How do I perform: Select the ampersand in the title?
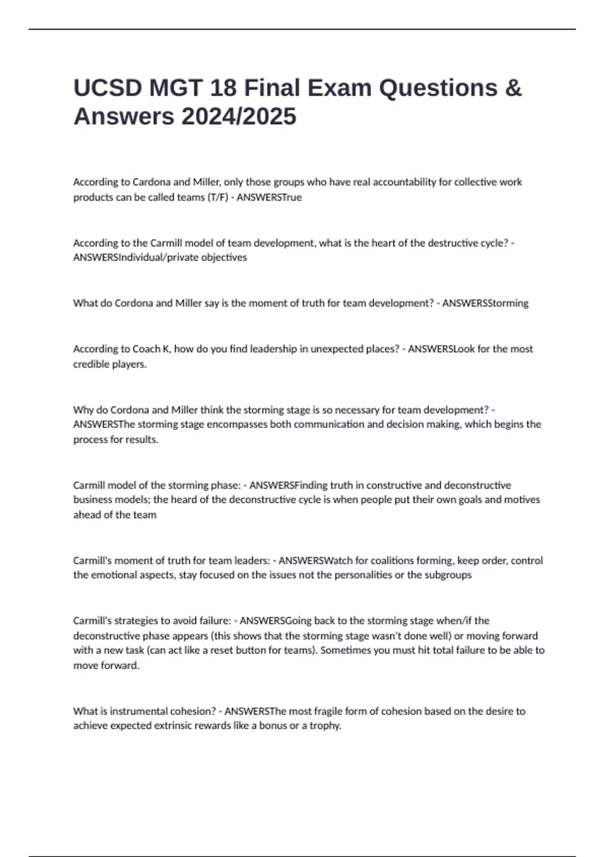tap(513, 88)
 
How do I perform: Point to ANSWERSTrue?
tap(269, 197)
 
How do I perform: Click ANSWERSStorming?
tap(486, 303)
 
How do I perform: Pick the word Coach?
tap(146, 349)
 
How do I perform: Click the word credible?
tap(90, 364)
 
